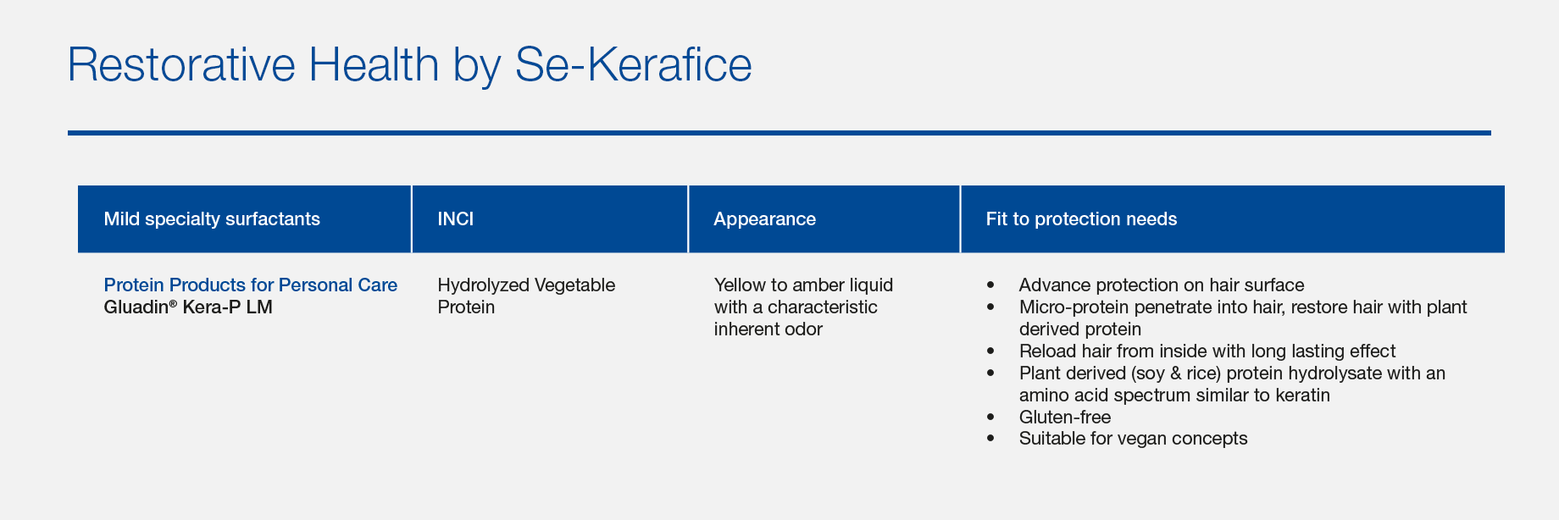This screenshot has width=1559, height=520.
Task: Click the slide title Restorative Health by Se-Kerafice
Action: coord(409,65)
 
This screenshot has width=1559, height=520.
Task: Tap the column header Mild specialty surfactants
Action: coord(212,219)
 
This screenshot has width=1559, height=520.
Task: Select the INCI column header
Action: coord(455,219)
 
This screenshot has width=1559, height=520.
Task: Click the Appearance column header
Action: coord(764,219)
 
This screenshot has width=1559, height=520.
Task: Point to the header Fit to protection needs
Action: coord(1081,219)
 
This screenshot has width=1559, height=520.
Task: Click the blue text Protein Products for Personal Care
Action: coord(251,285)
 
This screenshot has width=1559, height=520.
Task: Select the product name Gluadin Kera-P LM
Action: coord(188,307)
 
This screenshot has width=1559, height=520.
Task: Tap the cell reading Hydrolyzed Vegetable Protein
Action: coord(526,296)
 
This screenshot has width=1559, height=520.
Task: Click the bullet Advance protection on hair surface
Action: coord(1162,285)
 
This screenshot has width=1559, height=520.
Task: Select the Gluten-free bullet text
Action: coord(1065,417)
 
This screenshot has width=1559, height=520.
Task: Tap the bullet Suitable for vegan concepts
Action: coord(1134,439)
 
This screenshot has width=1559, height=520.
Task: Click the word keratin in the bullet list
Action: coord(1299,395)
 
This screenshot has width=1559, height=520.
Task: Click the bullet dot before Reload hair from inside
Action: coord(990,351)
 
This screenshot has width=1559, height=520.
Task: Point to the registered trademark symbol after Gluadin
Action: coord(173,302)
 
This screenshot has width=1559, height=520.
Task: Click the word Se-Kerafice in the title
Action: coord(634,65)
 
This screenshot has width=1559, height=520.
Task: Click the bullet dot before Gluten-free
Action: coord(990,418)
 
